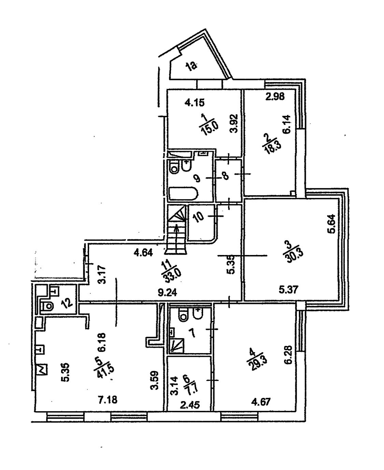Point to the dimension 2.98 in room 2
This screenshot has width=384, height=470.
click(275, 96)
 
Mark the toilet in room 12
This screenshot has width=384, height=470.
click(47, 306)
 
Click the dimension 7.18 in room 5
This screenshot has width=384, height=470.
click(108, 400)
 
